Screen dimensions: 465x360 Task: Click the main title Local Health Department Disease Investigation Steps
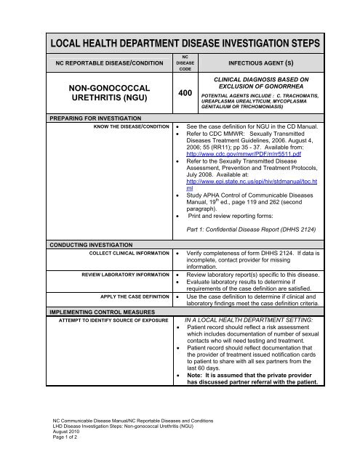(180, 38)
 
